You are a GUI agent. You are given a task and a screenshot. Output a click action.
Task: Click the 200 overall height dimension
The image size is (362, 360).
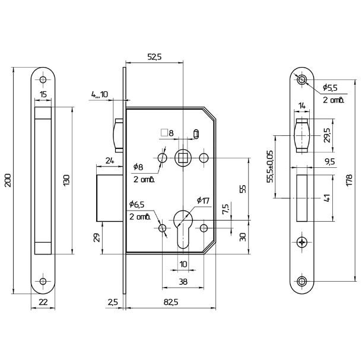coord(8,180)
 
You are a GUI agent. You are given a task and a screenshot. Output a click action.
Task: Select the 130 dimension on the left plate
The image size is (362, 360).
coord(66,181)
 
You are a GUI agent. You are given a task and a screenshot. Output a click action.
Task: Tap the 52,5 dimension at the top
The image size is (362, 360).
coord(155,57)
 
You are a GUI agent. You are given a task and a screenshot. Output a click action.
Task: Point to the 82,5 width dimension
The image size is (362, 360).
coord(171,302)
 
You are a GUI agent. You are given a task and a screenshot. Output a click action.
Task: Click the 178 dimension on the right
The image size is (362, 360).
coord(349,180)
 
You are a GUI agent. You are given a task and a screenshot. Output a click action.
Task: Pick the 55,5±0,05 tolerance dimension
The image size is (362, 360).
coord(270,167)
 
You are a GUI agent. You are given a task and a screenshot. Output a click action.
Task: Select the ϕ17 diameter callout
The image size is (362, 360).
coord(203,200)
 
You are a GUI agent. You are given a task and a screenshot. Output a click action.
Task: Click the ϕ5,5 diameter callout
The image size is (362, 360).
coord(330,87)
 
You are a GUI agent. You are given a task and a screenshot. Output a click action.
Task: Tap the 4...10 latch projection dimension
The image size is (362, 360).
coord(100,94)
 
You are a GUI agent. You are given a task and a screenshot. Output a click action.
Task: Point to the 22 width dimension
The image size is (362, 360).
coord(43,302)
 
